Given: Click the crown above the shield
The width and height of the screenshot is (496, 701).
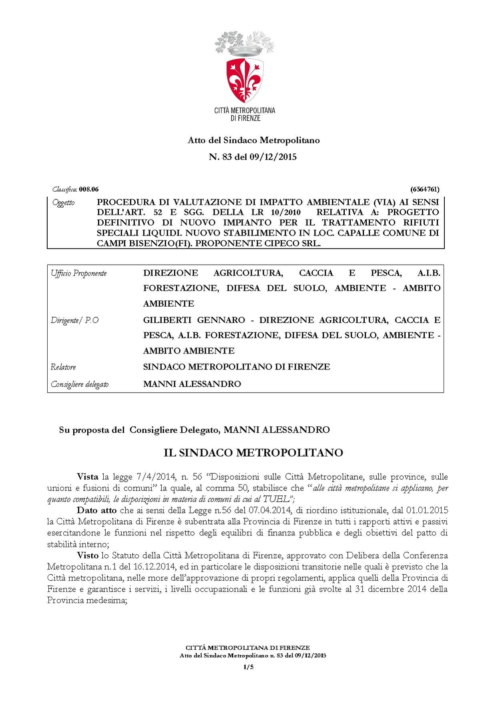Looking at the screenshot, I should point(245,50).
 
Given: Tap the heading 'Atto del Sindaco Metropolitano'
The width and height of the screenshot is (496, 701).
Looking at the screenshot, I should point(253,140).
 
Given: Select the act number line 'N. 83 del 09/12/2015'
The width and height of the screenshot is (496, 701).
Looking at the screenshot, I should point(253,157).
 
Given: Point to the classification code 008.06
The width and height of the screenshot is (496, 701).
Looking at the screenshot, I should point(89,190).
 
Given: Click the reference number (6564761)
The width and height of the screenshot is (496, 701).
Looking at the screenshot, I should point(425,190).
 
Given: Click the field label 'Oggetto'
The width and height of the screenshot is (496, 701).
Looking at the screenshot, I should point(63,203).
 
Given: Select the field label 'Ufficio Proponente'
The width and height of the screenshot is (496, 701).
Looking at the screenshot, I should point(79,274).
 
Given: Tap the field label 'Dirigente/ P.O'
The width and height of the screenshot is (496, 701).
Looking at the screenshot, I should point(75,321).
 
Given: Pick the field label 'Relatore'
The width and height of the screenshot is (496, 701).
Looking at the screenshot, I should point(63,367).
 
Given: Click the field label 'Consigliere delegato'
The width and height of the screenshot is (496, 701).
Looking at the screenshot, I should point(80,384).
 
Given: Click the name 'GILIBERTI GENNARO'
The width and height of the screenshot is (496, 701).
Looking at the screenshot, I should point(194,320).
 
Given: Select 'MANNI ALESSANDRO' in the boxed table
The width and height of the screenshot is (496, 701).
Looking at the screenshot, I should point(192,384).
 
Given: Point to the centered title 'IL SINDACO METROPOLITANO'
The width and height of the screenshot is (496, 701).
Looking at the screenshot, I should point(253,453).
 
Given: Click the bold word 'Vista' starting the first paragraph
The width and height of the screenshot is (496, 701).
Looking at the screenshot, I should point(87,477).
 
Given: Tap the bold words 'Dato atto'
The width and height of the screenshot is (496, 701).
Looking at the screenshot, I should point(96,510).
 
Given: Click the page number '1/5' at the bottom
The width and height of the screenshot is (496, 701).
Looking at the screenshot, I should point(248,667).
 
